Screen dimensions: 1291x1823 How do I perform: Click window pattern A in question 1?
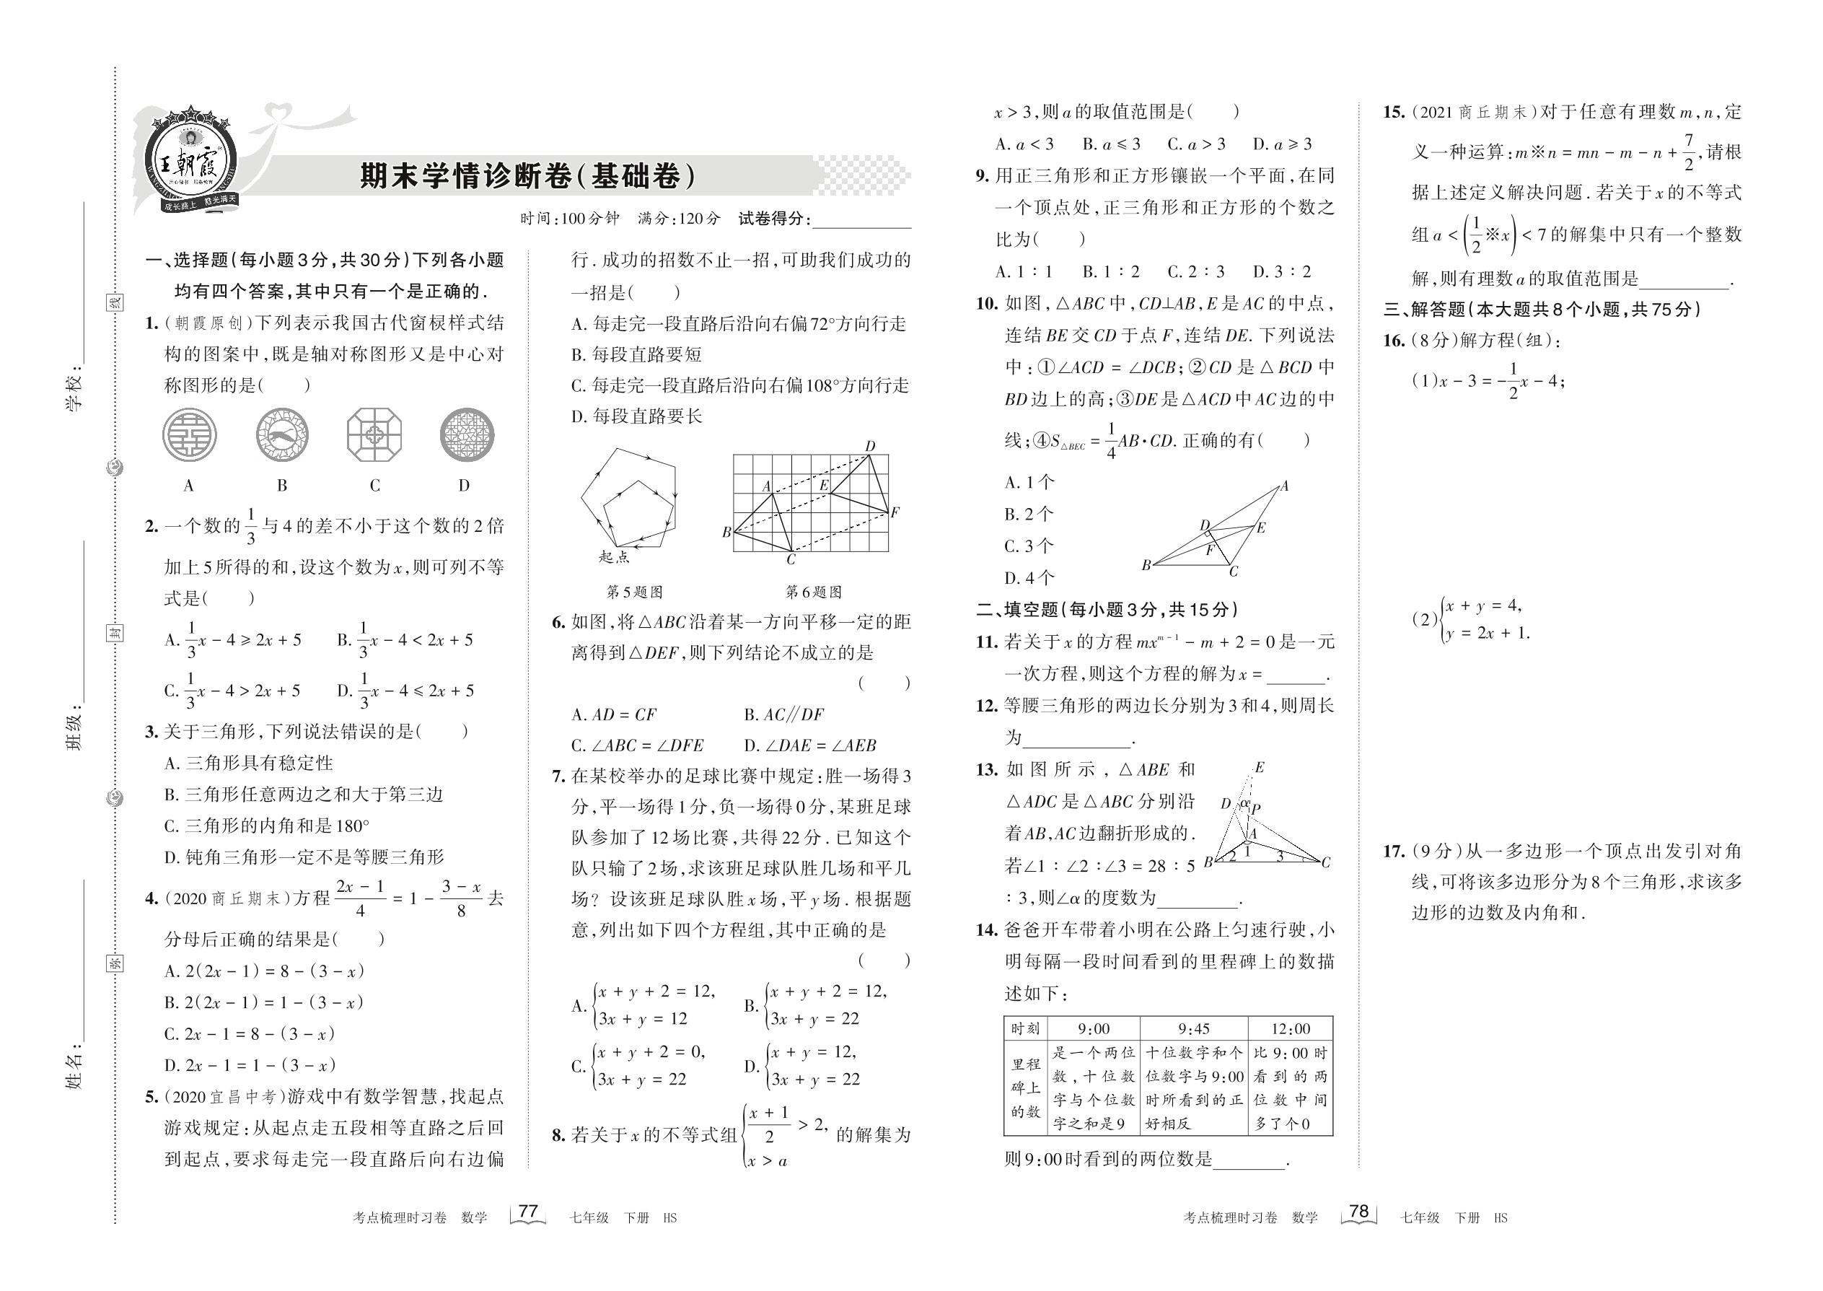pyautogui.click(x=189, y=435)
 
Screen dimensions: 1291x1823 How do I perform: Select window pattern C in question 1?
pyautogui.click(x=374, y=435)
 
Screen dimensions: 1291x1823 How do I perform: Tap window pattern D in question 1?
pyautogui.click(x=467, y=435)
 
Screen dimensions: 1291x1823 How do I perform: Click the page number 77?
pyautogui.click(x=527, y=1212)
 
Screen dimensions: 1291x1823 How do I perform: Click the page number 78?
pyautogui.click(x=1359, y=1212)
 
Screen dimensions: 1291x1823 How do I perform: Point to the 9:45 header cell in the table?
pyautogui.click(x=1194, y=1028)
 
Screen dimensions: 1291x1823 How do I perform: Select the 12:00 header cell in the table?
pyautogui.click(x=1291, y=1028)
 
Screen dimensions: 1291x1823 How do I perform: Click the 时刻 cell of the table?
pyautogui.click(x=1025, y=1028)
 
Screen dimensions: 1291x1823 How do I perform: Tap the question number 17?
pyautogui.click(x=1394, y=852)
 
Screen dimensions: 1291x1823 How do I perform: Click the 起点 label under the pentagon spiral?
pyautogui.click(x=613, y=557)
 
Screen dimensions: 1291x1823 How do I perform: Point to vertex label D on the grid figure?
pyautogui.click(x=870, y=447)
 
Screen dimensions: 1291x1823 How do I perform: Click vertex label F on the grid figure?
pyautogui.click(x=895, y=513)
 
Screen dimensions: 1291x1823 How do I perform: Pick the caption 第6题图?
pyautogui.click(x=814, y=592)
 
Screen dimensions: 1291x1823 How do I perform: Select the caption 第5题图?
pyautogui.click(x=634, y=592)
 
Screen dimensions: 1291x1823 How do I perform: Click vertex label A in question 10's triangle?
pyautogui.click(x=1284, y=486)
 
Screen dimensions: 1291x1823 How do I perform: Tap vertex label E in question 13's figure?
pyautogui.click(x=1260, y=768)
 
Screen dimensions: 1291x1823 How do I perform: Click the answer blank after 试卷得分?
pyautogui.click(x=861, y=220)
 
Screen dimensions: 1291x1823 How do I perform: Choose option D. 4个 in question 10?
pyautogui.click(x=1030, y=578)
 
